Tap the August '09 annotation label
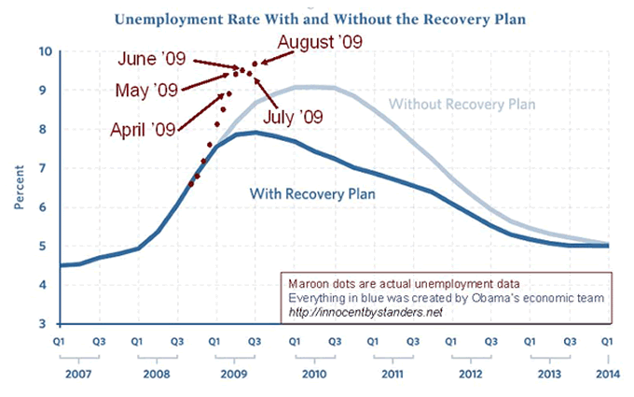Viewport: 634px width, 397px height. [320, 41]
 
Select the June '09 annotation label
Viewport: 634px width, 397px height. [154, 59]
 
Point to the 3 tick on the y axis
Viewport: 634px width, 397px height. [47, 323]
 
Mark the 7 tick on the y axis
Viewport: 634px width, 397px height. [47, 168]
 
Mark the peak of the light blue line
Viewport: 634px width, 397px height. [313, 87]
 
